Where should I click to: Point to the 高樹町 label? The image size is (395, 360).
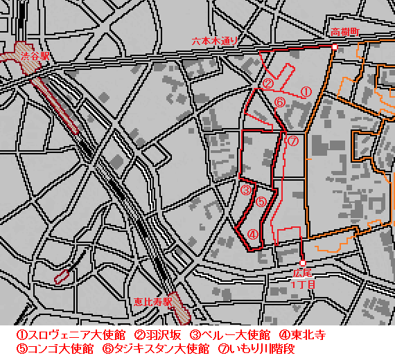pos(344,32)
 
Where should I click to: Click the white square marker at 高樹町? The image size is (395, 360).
pos(334,47)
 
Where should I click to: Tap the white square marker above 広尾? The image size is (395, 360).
pos(302,264)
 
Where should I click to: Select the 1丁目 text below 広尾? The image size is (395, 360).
pos(304,284)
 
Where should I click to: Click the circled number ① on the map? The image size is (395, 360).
pos(306,91)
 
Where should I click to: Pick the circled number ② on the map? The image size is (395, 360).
pos(267,83)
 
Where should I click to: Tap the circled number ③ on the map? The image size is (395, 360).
pos(245,189)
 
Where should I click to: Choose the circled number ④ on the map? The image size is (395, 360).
pos(253,235)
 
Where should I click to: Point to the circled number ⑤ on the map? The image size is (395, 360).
pos(261,202)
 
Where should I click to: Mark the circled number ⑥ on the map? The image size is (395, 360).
pos(280,102)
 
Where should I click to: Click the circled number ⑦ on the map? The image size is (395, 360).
pos(292,141)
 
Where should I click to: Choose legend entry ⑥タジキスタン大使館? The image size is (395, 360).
pos(156,349)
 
